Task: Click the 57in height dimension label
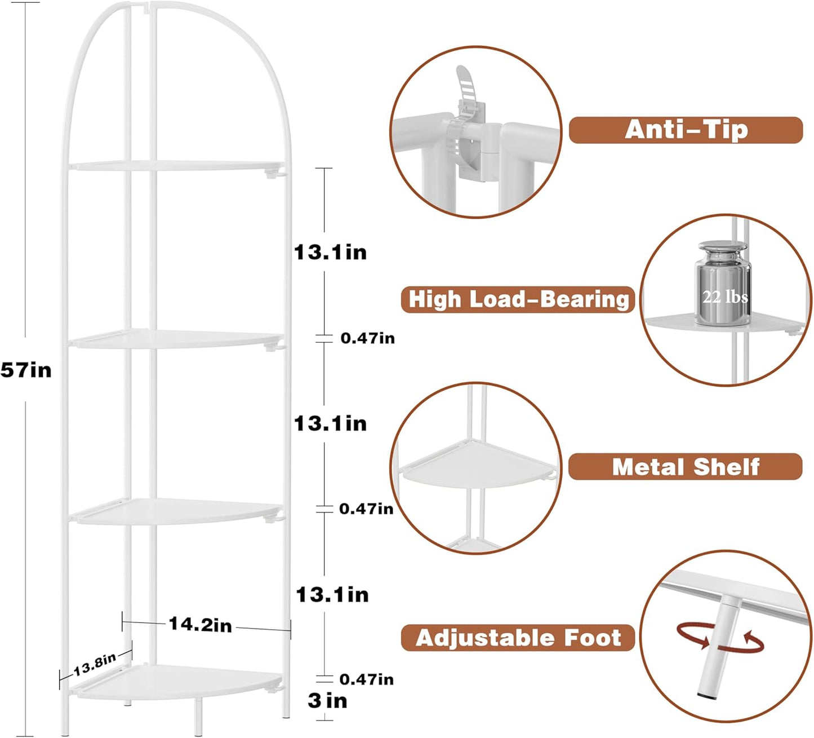click(x=26, y=370)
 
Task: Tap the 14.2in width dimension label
click(x=200, y=624)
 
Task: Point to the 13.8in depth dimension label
click(x=95, y=664)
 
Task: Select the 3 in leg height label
click(x=327, y=701)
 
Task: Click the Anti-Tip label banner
click(x=686, y=130)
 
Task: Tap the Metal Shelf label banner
click(x=685, y=467)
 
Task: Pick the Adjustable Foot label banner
click(x=518, y=638)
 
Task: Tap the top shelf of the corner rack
click(x=175, y=166)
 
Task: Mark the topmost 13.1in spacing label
click(x=331, y=252)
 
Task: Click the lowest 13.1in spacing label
click(x=332, y=594)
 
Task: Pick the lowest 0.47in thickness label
click(x=366, y=679)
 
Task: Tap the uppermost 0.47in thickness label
click(x=367, y=338)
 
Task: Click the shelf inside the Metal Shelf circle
click(x=479, y=468)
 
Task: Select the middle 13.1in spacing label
click(x=331, y=423)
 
